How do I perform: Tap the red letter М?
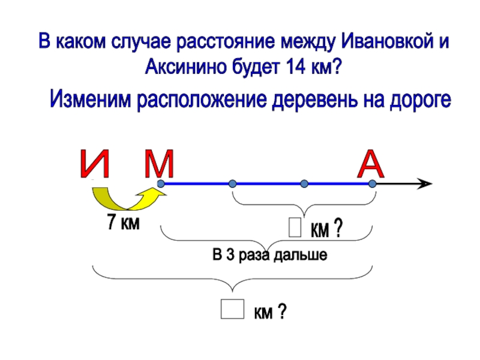(159, 163)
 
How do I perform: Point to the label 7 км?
(123, 224)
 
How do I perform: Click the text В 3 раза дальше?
(270, 255)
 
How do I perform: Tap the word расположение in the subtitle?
(203, 98)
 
